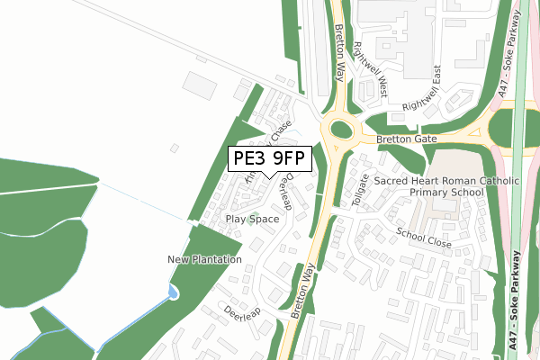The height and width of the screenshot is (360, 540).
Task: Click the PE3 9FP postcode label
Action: click(x=270, y=159)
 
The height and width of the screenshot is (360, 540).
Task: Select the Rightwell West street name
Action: click(x=370, y=68)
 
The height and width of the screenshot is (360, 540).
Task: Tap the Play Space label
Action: click(x=252, y=219)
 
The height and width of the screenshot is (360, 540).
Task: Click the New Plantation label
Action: click(x=204, y=259)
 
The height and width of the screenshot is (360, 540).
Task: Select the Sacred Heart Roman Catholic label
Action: click(x=446, y=180)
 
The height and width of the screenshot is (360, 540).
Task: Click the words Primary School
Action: click(x=446, y=193)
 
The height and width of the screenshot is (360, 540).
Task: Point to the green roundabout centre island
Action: click(x=340, y=131)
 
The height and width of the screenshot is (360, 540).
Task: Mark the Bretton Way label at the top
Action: click(x=340, y=54)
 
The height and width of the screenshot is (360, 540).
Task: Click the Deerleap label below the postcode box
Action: click(x=286, y=189)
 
